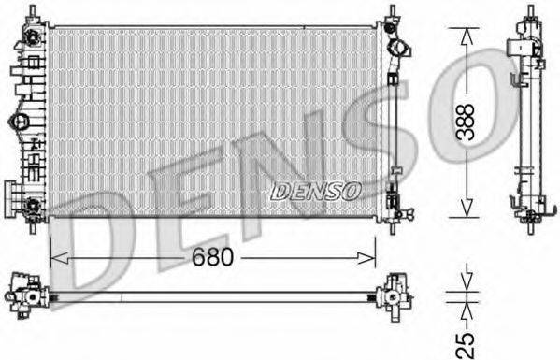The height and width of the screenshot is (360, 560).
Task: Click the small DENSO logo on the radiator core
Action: click(316, 190)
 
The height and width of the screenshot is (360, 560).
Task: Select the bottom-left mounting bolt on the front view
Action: click(33, 206)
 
